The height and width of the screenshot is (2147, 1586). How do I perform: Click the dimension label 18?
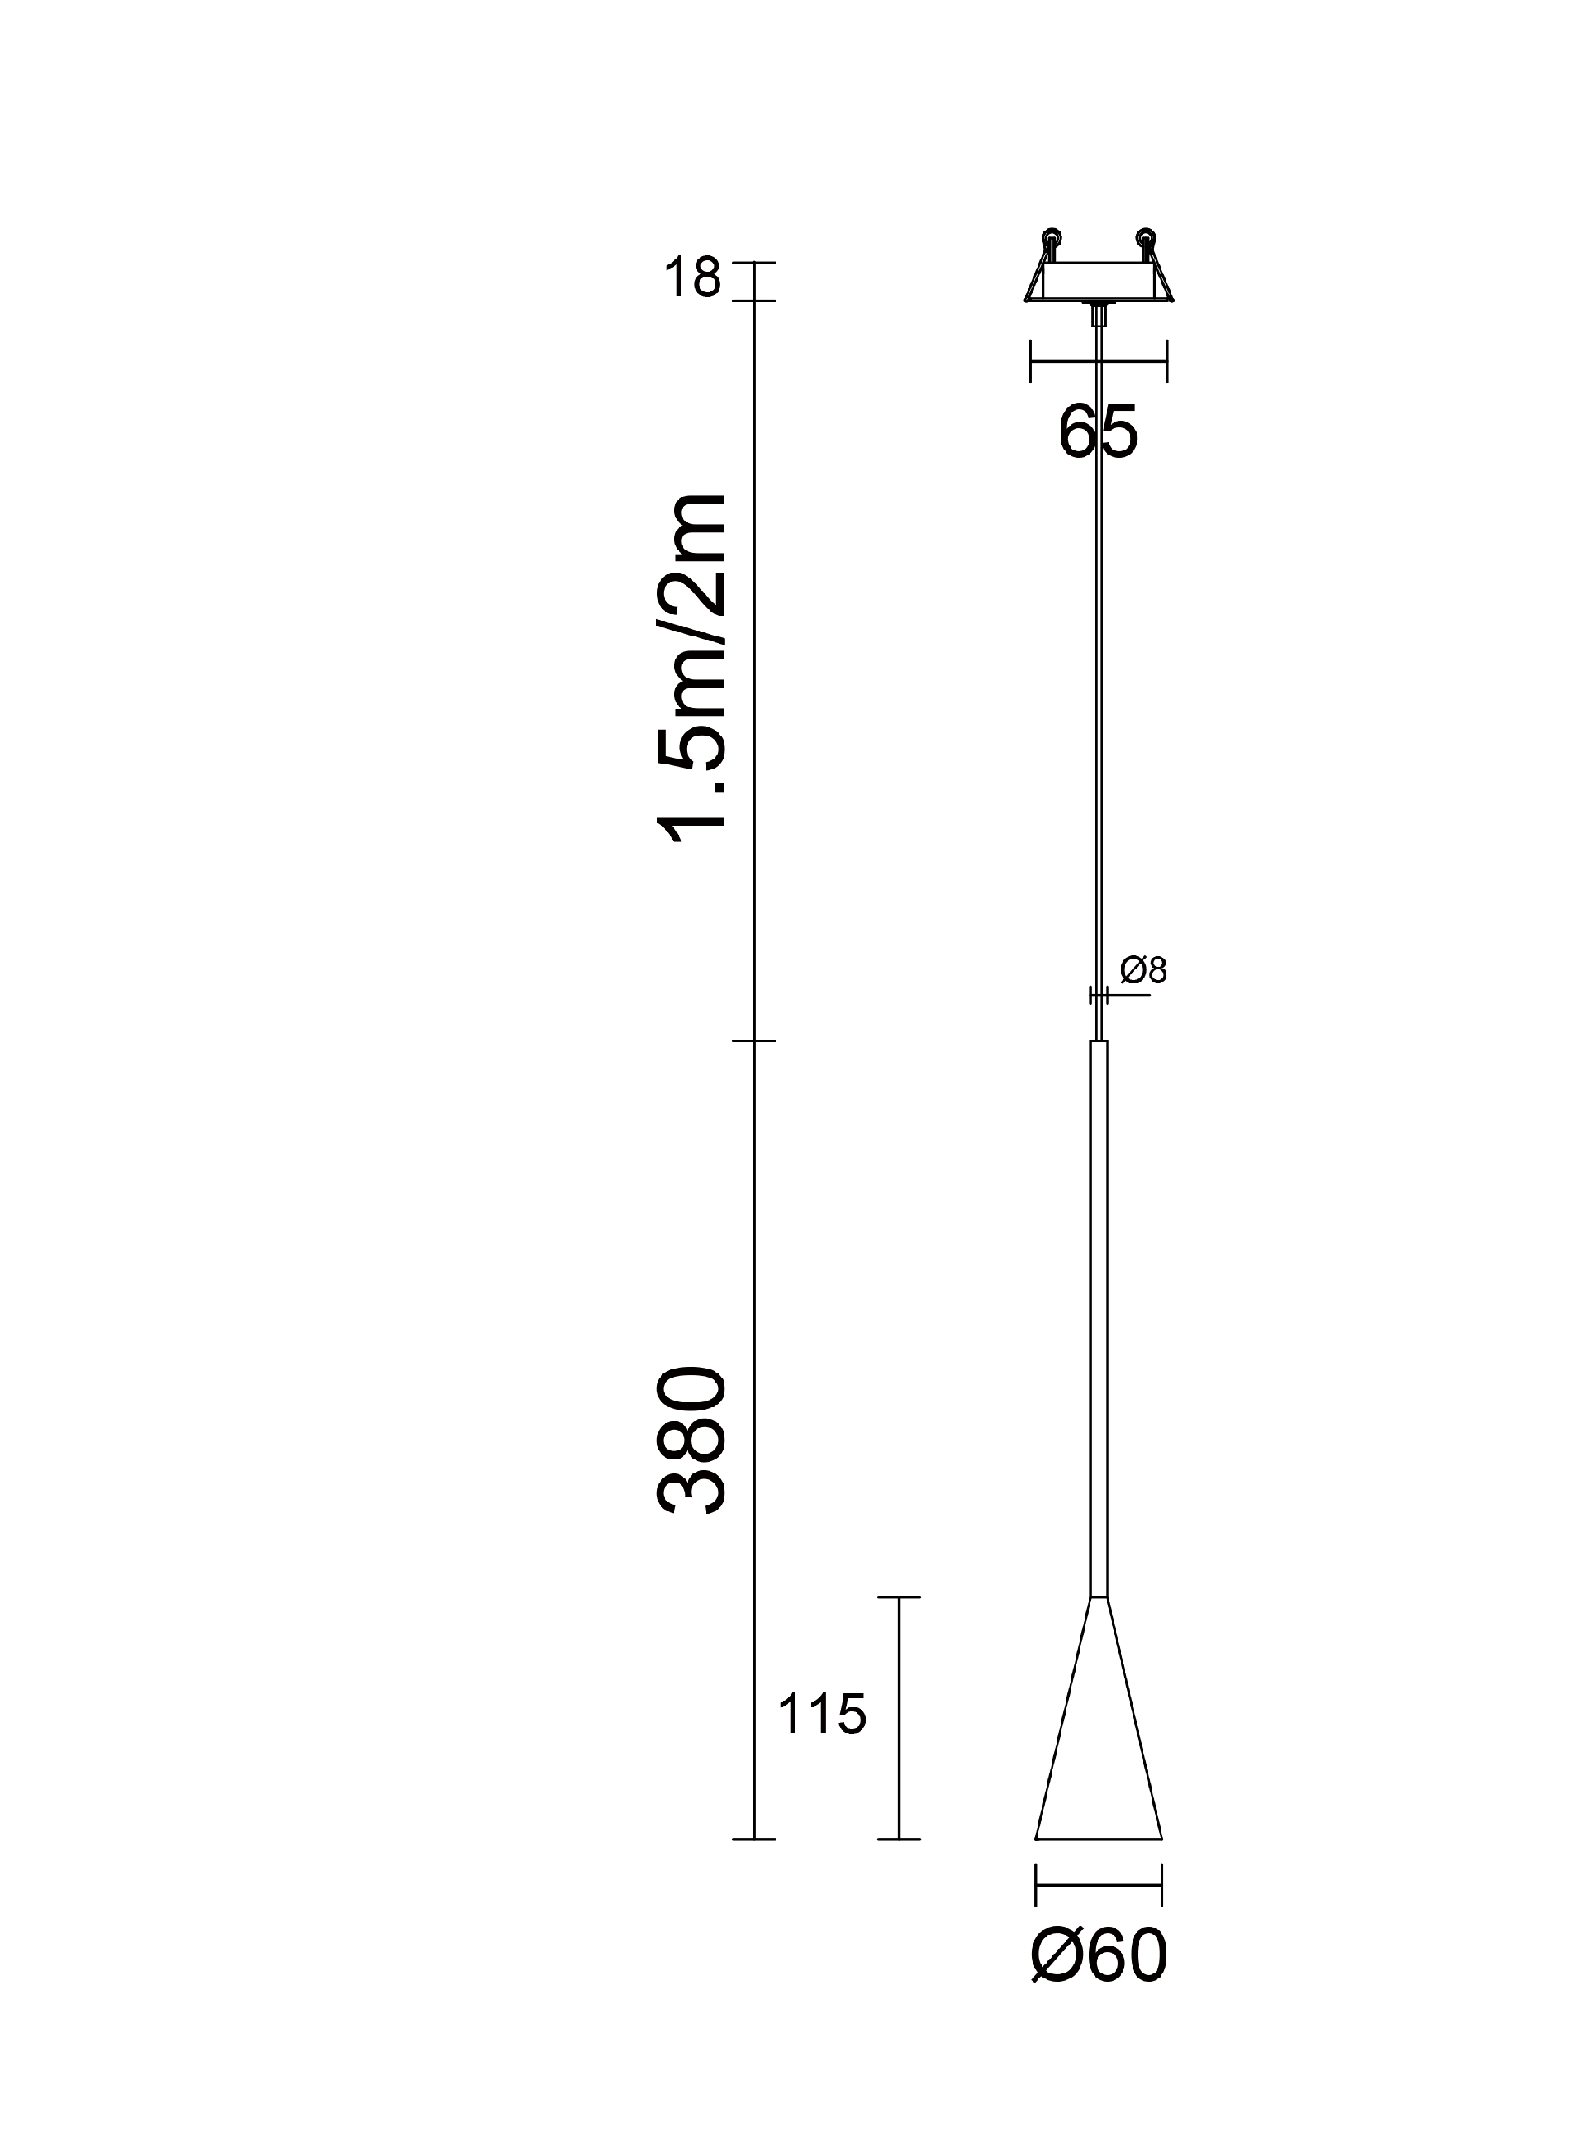(691, 278)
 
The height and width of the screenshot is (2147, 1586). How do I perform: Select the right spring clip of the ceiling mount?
(1154, 266)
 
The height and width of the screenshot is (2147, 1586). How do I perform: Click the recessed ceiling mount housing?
(1099, 280)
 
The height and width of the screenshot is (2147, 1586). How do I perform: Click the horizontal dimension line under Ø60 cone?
(1099, 1885)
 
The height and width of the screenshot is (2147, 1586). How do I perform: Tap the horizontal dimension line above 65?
(1099, 362)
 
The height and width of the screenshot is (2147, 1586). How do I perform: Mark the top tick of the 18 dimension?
(755, 262)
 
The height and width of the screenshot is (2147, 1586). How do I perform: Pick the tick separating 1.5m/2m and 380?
(755, 1040)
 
